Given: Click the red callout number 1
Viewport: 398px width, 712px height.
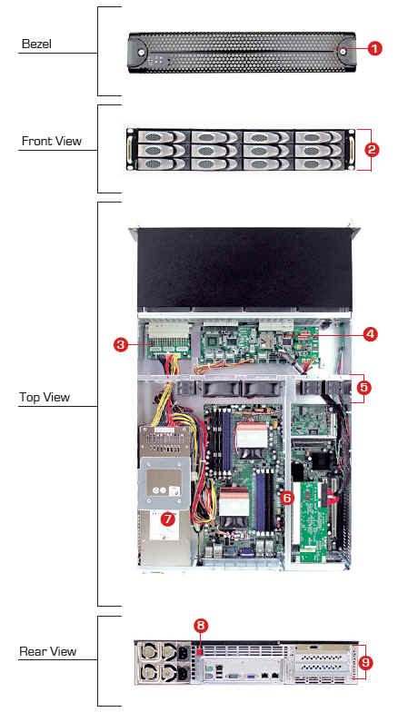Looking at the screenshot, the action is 374,48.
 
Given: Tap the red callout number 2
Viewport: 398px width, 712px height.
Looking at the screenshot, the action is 372,150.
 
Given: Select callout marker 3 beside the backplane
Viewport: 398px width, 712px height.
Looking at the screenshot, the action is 120,345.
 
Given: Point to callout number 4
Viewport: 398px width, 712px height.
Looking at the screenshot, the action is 371,334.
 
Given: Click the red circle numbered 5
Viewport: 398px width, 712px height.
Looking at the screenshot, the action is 364,387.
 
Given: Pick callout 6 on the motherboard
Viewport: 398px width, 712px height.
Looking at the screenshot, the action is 287,498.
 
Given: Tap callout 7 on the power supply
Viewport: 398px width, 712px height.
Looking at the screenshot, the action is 167,519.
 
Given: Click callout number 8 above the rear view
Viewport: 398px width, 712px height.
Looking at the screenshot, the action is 200,627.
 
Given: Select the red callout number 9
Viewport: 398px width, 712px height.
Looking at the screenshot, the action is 365,663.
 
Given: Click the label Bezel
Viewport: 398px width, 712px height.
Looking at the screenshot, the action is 36,44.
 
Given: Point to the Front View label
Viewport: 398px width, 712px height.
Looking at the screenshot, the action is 52,142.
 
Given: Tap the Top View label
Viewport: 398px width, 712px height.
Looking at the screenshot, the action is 45,398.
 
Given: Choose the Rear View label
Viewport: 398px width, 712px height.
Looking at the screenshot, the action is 47,652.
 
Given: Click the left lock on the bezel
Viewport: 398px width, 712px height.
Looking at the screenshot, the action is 143,53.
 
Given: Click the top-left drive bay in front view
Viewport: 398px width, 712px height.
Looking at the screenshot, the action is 162,137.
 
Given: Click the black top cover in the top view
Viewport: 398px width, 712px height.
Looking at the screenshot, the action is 244,269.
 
